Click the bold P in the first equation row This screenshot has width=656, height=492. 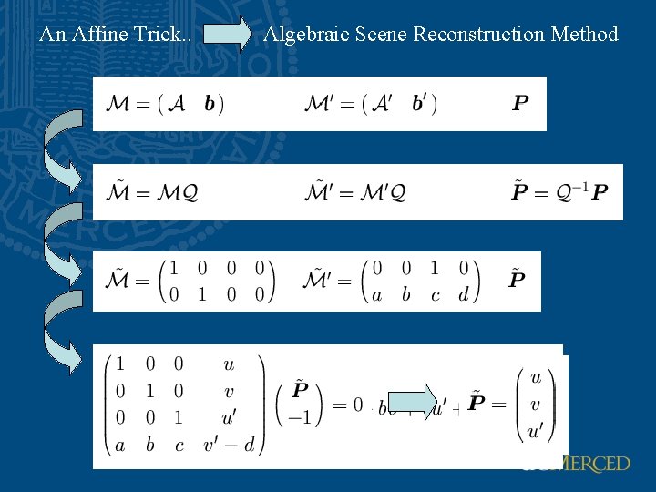point(520,102)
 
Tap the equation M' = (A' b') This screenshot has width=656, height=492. point(371,103)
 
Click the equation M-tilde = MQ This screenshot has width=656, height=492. point(153,192)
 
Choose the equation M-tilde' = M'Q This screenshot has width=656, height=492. point(355,192)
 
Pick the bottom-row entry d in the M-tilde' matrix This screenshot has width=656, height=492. point(464,294)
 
